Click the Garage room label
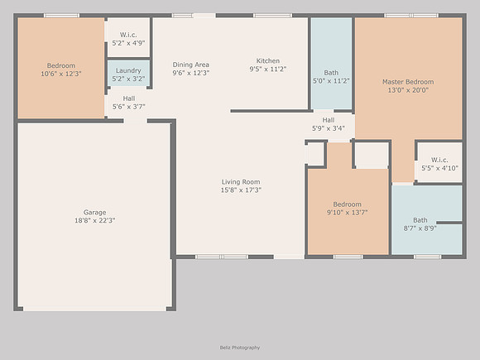[94, 213]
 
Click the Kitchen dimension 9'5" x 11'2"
[268, 70]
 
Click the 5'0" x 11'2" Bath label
[331, 77]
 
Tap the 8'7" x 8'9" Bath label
[420, 224]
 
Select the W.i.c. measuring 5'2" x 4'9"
[128, 39]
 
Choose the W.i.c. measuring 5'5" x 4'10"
[440, 164]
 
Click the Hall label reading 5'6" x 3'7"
[129, 103]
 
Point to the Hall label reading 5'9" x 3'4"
[329, 124]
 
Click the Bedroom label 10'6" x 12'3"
[61, 70]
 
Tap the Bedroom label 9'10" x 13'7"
[347, 209]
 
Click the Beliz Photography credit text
[240, 348]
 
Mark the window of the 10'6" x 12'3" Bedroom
[61, 15]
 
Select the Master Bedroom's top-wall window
[411, 15]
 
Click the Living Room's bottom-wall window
[222, 257]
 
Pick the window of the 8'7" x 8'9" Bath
[427, 257]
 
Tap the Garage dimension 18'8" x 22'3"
[95, 220]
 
